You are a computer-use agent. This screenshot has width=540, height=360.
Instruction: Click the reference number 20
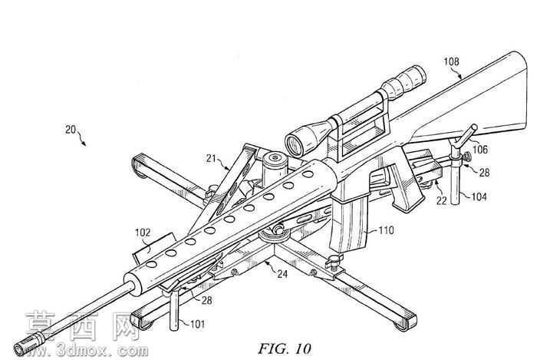coord(71,130)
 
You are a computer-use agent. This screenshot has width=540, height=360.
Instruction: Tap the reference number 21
coord(211,158)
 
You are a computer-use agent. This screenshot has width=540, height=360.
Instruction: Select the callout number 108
coord(451,61)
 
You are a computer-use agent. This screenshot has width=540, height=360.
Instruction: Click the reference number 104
coord(479,197)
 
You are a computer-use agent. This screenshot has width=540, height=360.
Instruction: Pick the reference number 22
coord(441,200)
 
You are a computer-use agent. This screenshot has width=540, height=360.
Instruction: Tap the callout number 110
coord(386,230)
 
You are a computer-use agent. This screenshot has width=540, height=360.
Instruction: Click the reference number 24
coord(282,274)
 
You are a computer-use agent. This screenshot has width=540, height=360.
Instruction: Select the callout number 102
coord(143,233)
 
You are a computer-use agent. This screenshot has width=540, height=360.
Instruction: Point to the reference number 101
coord(197,324)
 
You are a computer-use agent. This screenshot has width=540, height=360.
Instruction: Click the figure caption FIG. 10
coord(284,348)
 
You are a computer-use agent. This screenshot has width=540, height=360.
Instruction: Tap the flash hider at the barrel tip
coord(29,343)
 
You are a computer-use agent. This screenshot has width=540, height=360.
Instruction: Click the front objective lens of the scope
coord(294,144)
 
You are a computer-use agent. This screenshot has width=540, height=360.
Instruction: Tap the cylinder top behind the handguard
coord(275,158)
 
